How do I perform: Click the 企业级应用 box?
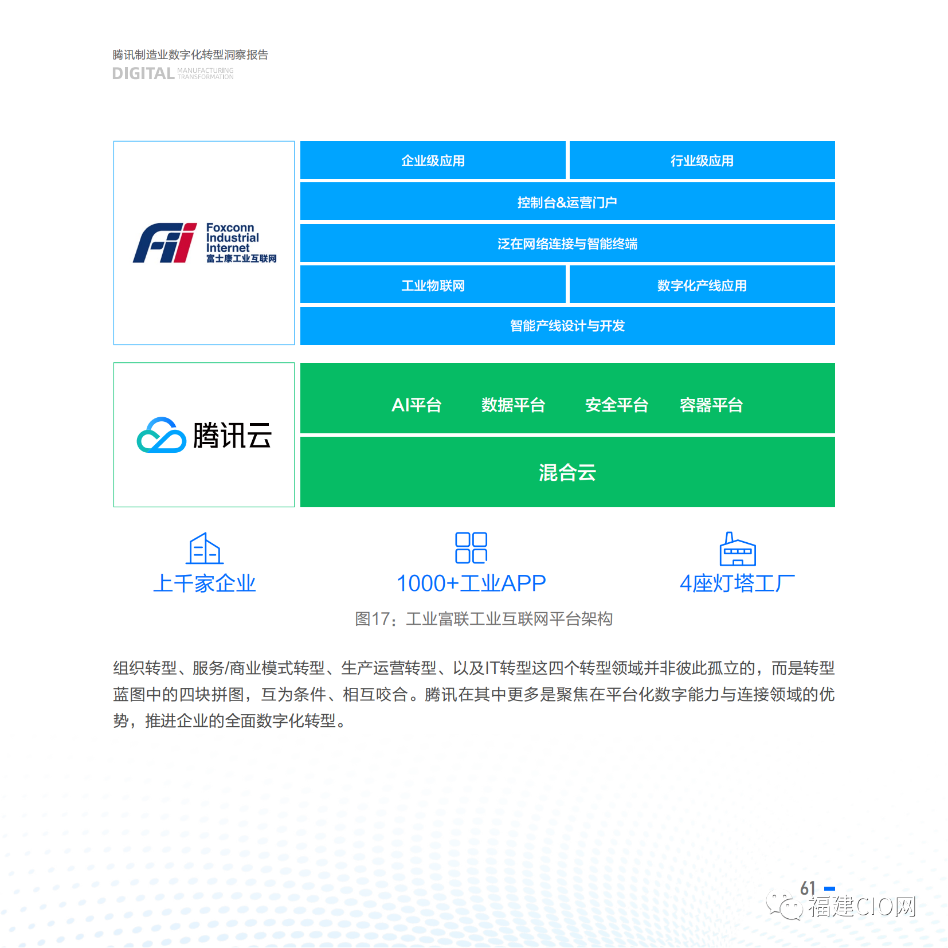pos(433,160)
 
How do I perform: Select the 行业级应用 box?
pos(702,160)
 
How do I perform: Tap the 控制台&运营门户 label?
pos(567,202)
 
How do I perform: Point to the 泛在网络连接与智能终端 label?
pos(567,244)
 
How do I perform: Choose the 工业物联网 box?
pos(433,285)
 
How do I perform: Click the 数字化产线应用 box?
pos(702,285)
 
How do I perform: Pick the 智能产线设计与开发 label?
pos(567,326)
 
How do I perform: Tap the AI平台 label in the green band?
pos(417,405)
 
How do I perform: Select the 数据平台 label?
pos(513,405)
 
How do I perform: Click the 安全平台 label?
pos(617,405)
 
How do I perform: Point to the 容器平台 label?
pos(711,405)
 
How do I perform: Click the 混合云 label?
pos(567,473)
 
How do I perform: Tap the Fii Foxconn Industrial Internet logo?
pos(205,243)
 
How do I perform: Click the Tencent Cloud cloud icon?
pos(162,435)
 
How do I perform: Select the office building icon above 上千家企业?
pos(205,549)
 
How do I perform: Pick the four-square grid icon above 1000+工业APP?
pos(471,548)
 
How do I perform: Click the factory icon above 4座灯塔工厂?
pos(738,549)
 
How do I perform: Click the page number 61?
pos(808,888)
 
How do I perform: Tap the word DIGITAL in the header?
pos(143,73)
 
